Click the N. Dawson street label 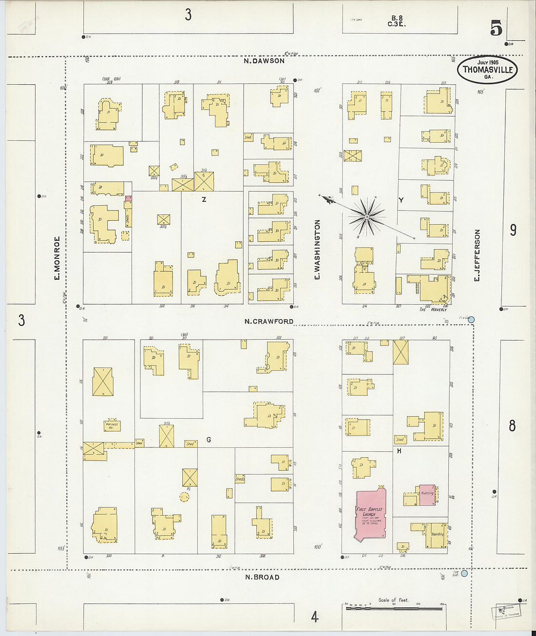click(265, 61)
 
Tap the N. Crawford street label click(269, 321)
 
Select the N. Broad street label click(262, 577)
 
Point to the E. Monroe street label click(57, 258)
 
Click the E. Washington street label click(317, 250)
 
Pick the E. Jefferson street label click(477, 255)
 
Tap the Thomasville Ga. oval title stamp click(487, 70)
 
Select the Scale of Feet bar click(394, 607)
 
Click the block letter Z click(204, 199)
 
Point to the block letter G click(209, 440)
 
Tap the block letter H click(399, 451)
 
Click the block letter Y click(401, 200)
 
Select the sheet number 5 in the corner click(496, 29)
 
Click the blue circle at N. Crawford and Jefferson click(471, 320)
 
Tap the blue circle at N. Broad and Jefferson click(464, 573)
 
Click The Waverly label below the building click(433, 309)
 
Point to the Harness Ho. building click(112, 425)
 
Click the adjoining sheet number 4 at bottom click(315, 617)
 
